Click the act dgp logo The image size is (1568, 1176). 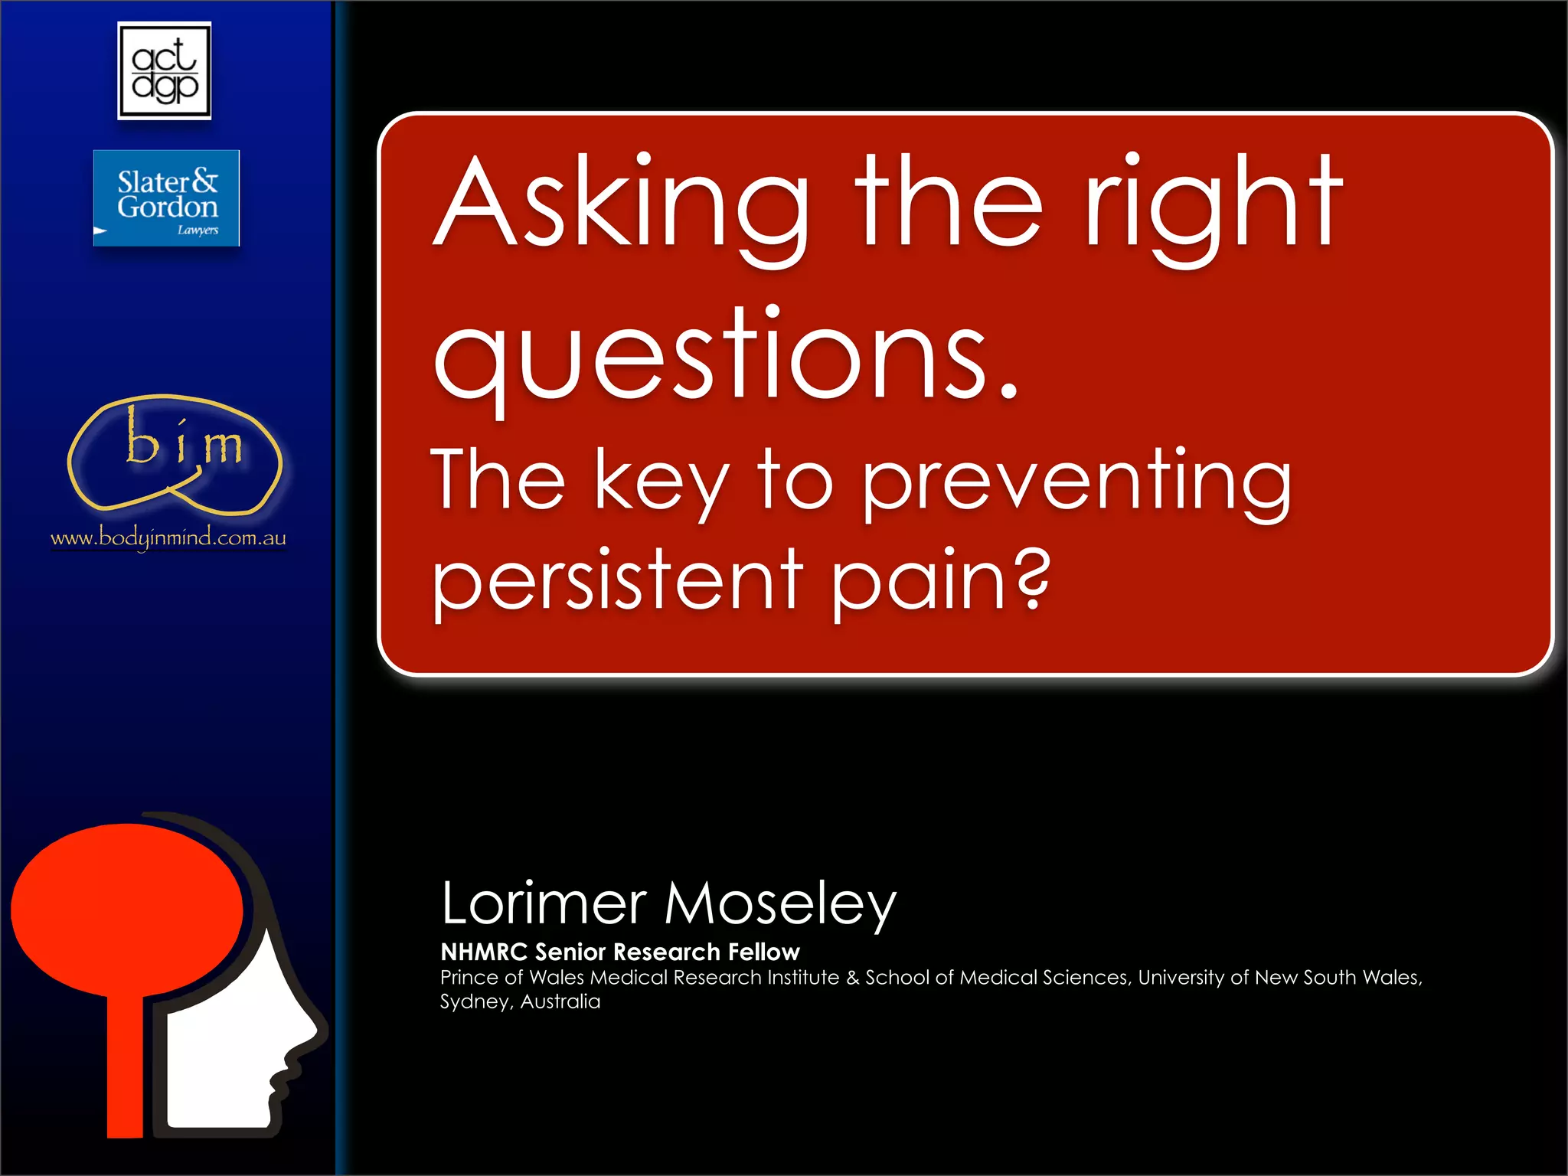coord(164,70)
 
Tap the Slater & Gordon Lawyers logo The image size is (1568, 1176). coord(166,198)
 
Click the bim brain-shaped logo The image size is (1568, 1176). coord(175,454)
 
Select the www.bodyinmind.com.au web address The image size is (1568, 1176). coord(168,537)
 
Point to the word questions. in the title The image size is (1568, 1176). coord(726,358)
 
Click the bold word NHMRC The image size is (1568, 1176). coord(484,952)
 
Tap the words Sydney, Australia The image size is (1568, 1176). coord(520,1001)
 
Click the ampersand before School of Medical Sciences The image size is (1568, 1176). coord(853,978)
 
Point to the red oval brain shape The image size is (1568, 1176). coord(126,910)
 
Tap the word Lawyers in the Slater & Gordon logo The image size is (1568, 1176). coord(198,230)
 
